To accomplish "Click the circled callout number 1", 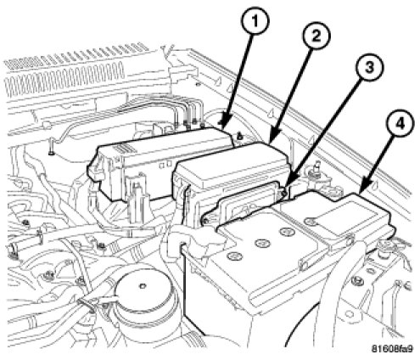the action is point(255,21).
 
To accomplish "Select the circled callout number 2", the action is point(316,35).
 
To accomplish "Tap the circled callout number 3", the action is point(369,67).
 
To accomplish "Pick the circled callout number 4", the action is point(400,125).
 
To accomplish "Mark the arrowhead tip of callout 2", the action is point(269,143).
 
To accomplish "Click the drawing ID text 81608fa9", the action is point(392,348).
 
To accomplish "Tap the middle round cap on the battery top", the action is point(261,243).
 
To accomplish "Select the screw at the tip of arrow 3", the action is point(284,194).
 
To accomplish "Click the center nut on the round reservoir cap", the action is point(143,286).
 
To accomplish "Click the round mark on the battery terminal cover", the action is point(311,220).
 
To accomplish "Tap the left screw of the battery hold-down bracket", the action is point(205,220).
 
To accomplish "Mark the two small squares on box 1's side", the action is point(165,164).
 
